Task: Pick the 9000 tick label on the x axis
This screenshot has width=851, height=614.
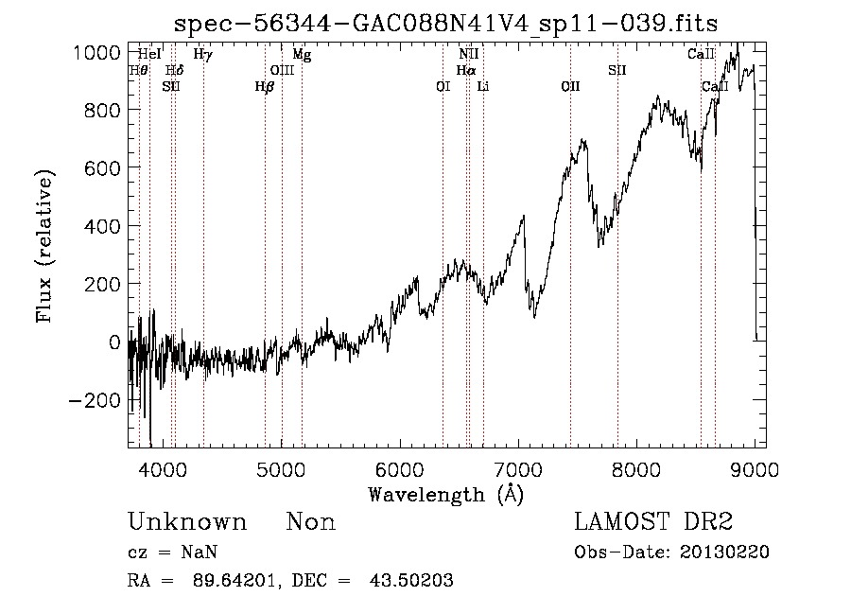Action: [x=754, y=468]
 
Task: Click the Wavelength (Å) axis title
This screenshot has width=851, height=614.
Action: [x=445, y=494]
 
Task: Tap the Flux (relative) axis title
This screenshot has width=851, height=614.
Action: [x=45, y=246]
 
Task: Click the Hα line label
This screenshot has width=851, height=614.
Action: [x=466, y=70]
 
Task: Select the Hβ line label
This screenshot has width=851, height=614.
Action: [x=265, y=86]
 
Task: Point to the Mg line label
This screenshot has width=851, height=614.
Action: [x=302, y=55]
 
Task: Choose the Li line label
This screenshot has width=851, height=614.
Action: [x=483, y=86]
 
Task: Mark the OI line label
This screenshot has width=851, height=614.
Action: [x=443, y=86]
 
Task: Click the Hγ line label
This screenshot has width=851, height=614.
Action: [x=202, y=55]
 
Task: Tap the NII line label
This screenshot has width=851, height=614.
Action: [x=468, y=55]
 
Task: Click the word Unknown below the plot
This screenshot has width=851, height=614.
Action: [x=187, y=522]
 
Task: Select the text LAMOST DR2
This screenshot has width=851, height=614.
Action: [x=653, y=522]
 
